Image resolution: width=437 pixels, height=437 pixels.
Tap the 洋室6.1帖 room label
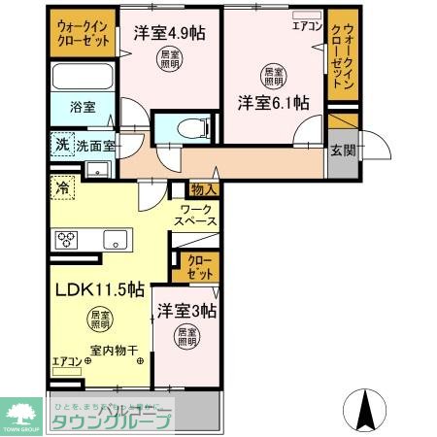point(275,102)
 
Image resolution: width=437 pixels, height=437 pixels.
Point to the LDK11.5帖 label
point(98,289)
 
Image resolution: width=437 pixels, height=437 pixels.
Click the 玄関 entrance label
point(342,151)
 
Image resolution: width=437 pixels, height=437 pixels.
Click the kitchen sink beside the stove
point(117,239)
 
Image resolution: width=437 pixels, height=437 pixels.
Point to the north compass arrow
point(366,409)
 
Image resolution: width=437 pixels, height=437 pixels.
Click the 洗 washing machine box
point(60,143)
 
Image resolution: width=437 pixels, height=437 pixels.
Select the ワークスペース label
point(195,216)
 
